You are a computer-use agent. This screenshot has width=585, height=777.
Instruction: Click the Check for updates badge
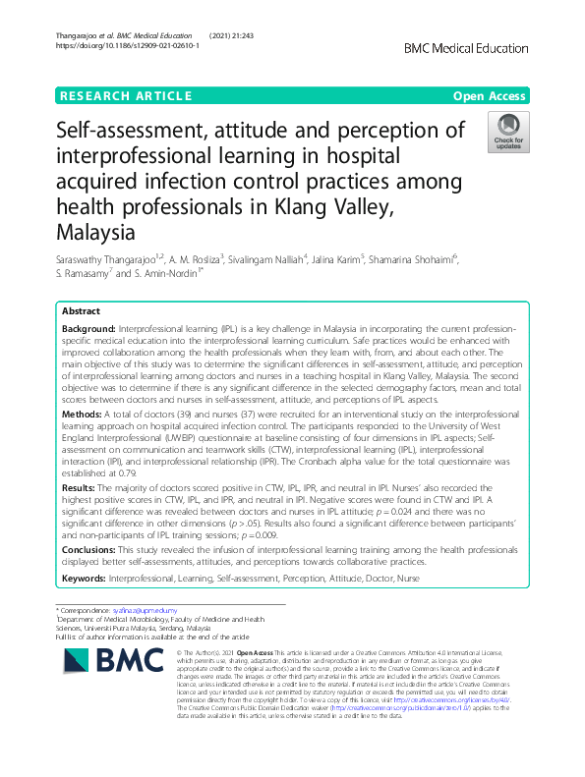point(509,132)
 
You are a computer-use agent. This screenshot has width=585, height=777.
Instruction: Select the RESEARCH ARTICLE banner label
point(126,95)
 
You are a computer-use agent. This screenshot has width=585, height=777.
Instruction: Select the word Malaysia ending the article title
point(96,234)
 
